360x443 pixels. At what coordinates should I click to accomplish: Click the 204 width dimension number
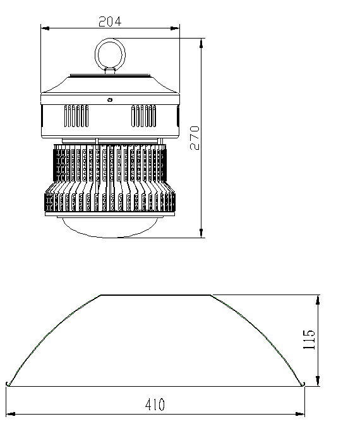point(110,21)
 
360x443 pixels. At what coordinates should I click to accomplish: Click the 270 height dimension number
point(195,138)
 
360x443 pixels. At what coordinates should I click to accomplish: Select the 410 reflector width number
point(155,404)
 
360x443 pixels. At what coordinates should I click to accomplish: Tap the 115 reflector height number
point(309,339)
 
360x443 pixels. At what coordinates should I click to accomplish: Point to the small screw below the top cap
point(110,100)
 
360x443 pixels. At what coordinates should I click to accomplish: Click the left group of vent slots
point(76,116)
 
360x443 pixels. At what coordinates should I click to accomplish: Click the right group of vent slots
point(144,116)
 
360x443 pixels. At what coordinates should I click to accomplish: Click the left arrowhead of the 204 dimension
point(45,28)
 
